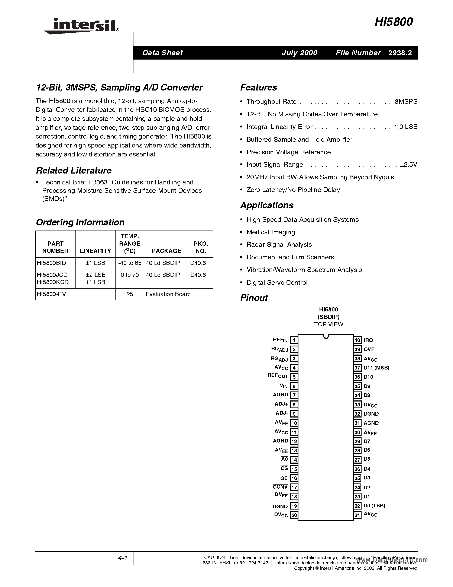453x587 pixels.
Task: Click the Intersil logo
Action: click(82, 26)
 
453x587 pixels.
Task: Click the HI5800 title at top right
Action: click(394, 22)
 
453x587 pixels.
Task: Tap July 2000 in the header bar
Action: click(299, 53)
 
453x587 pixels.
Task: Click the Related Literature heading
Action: click(74, 170)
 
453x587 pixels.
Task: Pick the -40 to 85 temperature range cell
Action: click(130, 263)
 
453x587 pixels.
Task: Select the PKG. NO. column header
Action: click(201, 247)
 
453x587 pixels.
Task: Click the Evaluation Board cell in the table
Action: click(168, 294)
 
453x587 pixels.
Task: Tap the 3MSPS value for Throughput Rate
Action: click(406, 102)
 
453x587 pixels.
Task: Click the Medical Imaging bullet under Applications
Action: click(271, 232)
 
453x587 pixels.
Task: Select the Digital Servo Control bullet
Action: click(277, 282)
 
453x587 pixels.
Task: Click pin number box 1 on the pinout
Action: click(294, 340)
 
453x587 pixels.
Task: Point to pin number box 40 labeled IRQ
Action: click(357, 340)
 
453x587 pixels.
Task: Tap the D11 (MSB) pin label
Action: click(376, 368)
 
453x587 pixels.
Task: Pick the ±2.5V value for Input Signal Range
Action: click(408, 165)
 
